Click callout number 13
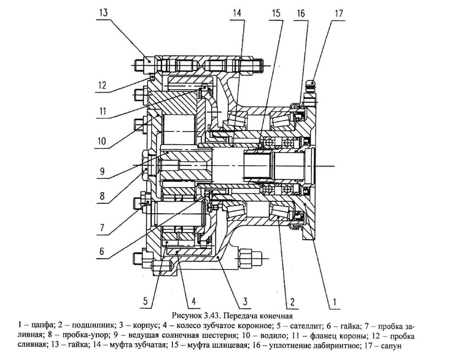tap(103, 13)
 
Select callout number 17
tap(339, 13)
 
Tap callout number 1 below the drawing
tap(335, 302)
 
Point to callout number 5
tap(145, 301)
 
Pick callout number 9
tap(102, 171)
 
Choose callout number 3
tap(245, 301)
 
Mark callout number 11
tap(103, 112)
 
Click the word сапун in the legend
tap(392, 346)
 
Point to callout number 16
tap(301, 13)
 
